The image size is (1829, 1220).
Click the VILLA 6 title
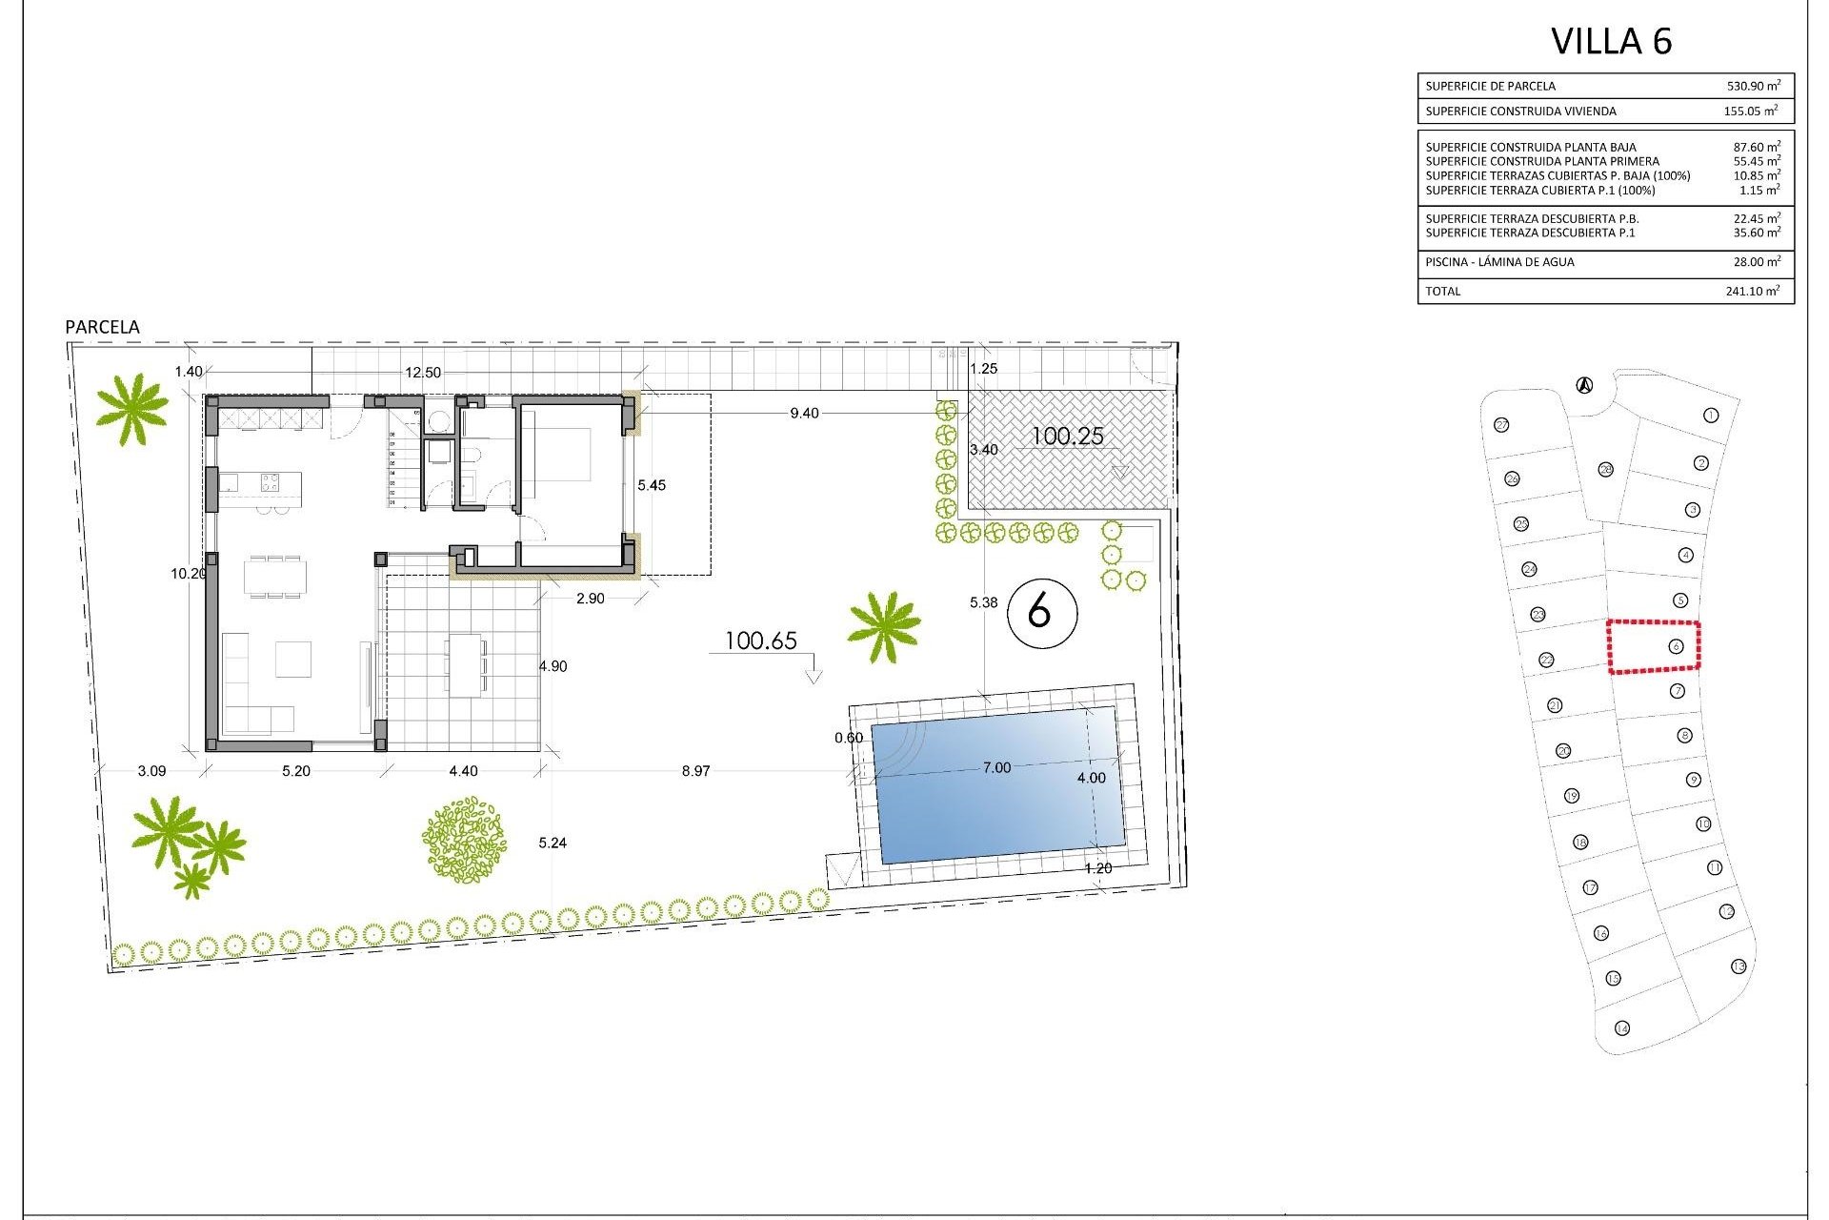click(1611, 41)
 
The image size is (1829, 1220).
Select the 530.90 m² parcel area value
click(1753, 86)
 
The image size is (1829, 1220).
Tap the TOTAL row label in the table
click(1442, 291)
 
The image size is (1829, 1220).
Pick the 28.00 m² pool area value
click(1753, 262)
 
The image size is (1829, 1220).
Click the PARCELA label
click(102, 327)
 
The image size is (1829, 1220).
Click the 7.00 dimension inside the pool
click(996, 767)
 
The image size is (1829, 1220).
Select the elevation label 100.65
click(760, 641)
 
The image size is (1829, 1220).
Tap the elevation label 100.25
click(1067, 437)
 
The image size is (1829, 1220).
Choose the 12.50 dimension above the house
click(423, 373)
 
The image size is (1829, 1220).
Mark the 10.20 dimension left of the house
click(188, 574)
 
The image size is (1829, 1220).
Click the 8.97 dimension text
click(695, 771)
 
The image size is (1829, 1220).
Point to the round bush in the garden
click(464, 839)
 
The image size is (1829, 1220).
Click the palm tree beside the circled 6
click(883, 626)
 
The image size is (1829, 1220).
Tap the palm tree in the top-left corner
click(132, 408)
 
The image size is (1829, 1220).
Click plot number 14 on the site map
click(1622, 1027)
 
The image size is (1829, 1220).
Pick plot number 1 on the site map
click(1711, 416)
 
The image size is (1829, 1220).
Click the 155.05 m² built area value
click(1750, 112)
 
